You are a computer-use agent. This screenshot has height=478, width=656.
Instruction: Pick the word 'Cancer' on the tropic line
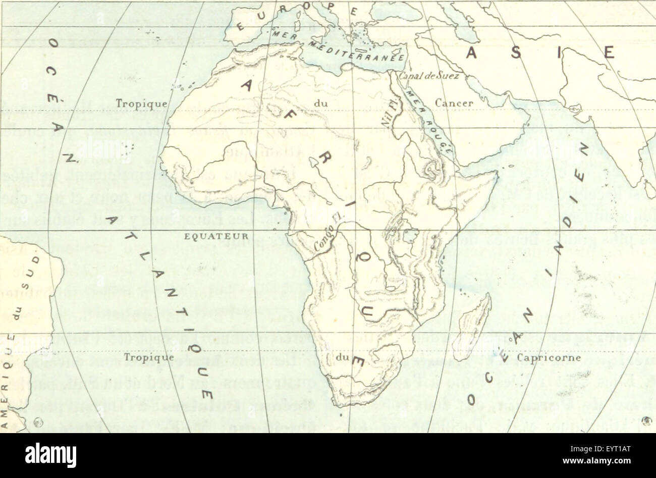454,103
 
